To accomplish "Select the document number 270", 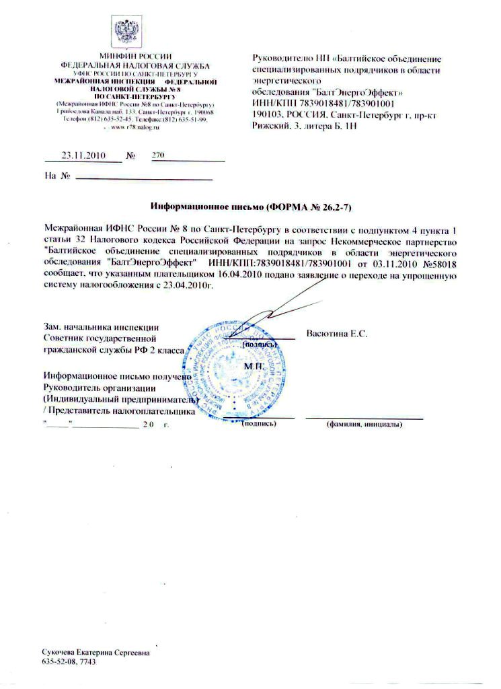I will click(x=159, y=155).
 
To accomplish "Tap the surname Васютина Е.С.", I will click(x=336, y=334).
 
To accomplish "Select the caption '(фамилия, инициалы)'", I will click(x=364, y=425).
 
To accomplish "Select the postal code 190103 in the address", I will click(x=267, y=115).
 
